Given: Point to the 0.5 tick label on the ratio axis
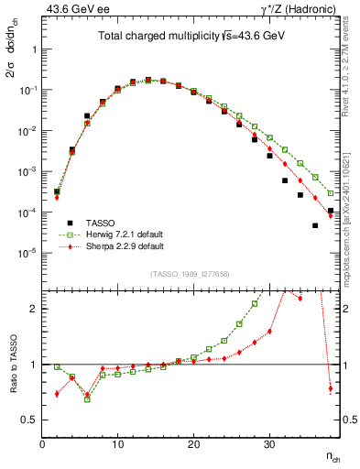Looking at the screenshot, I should tap(31, 420).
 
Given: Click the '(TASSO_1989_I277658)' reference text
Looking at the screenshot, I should tap(188, 274).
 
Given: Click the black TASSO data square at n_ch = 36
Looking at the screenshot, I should tap(315, 225).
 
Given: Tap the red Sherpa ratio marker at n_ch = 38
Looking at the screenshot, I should tap(331, 388).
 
